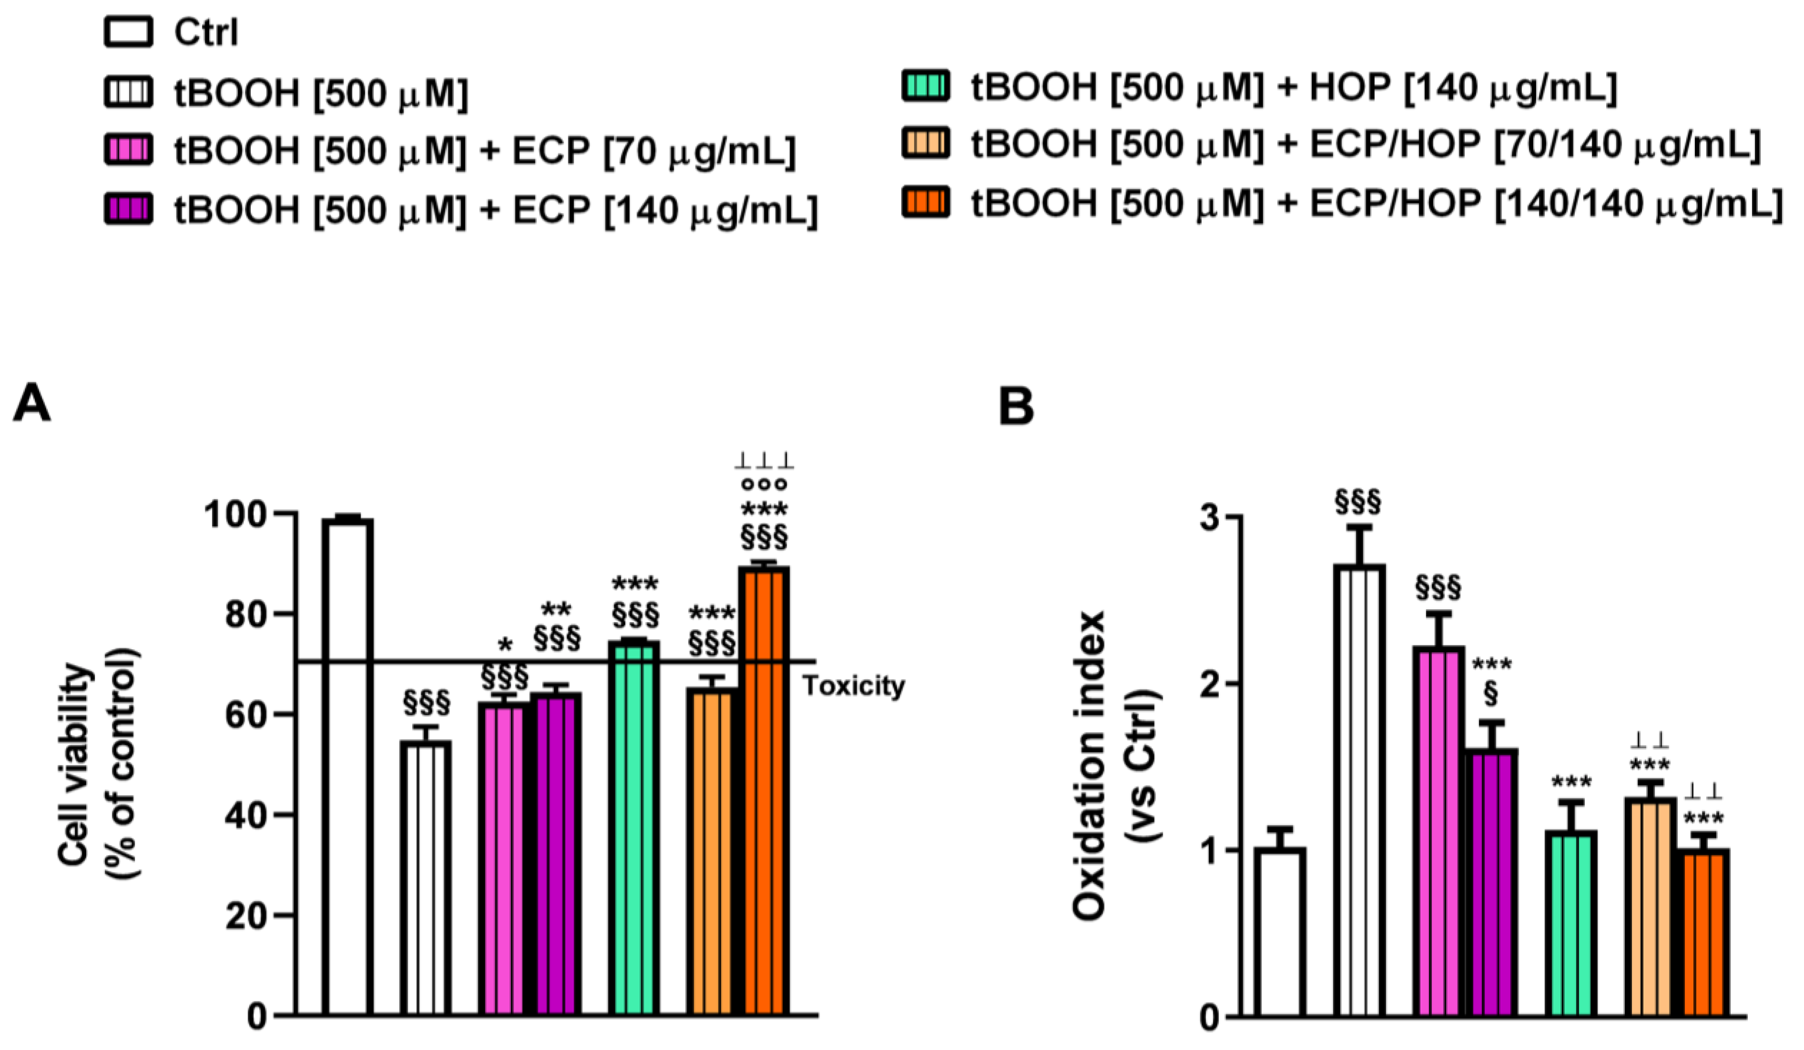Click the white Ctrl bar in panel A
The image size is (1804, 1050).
tap(347, 766)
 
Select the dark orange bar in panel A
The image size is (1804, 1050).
tap(764, 787)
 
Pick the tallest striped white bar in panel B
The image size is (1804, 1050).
tap(1359, 787)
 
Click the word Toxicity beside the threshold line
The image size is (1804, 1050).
tap(853, 686)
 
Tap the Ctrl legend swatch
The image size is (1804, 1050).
tap(128, 33)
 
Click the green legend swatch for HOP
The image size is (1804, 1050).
tap(926, 87)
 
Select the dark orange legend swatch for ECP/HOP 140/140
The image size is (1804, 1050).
tap(926, 204)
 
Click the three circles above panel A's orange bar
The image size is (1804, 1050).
tap(764, 485)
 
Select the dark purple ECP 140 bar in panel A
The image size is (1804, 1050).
tap(556, 852)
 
